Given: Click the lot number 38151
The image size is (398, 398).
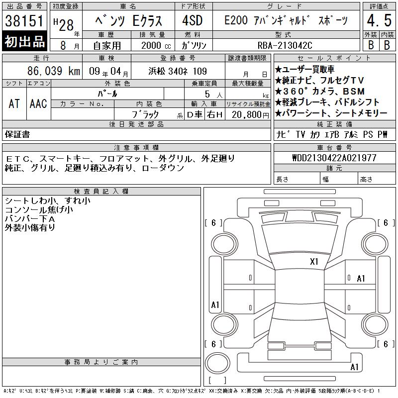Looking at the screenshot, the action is click(x=24, y=20).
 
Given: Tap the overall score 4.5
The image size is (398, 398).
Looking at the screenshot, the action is click(x=379, y=20).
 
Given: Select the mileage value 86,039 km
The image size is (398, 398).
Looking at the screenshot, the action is click(x=54, y=71).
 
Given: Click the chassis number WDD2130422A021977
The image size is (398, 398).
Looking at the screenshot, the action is click(x=334, y=158).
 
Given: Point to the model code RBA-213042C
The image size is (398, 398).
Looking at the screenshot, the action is click(x=285, y=45).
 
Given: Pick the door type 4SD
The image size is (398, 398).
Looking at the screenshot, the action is click(x=193, y=20).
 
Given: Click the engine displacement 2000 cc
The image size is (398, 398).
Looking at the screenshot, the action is click(x=156, y=45).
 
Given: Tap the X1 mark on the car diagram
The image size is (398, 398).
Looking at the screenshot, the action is click(x=314, y=262).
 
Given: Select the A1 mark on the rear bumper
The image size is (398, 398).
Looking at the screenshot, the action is click(x=354, y=367).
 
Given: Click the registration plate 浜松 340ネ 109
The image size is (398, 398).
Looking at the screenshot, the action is click(x=178, y=71).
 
